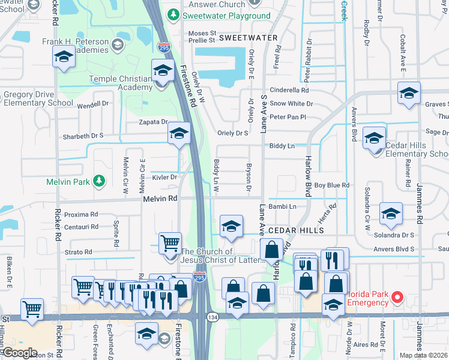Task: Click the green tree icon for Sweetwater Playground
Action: [173, 14]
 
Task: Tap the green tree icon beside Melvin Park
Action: [100, 181]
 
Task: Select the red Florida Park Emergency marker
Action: [397, 296]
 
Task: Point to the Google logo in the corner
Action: [20, 353]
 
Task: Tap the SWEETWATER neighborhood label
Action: [248, 37]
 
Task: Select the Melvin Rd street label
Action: [160, 198]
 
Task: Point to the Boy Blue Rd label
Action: [331, 185]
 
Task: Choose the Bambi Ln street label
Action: [283, 206]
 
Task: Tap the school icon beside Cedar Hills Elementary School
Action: [374, 139]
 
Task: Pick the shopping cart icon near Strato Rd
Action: [170, 243]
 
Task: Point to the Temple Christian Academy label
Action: [121, 83]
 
